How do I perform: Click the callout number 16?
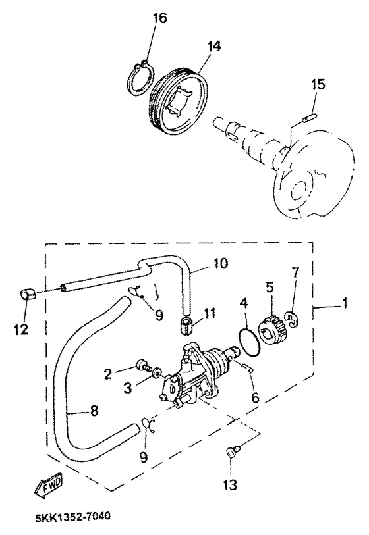[159, 18]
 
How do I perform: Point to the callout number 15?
[318, 84]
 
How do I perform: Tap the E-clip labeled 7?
[292, 320]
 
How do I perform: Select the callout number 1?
[345, 303]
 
